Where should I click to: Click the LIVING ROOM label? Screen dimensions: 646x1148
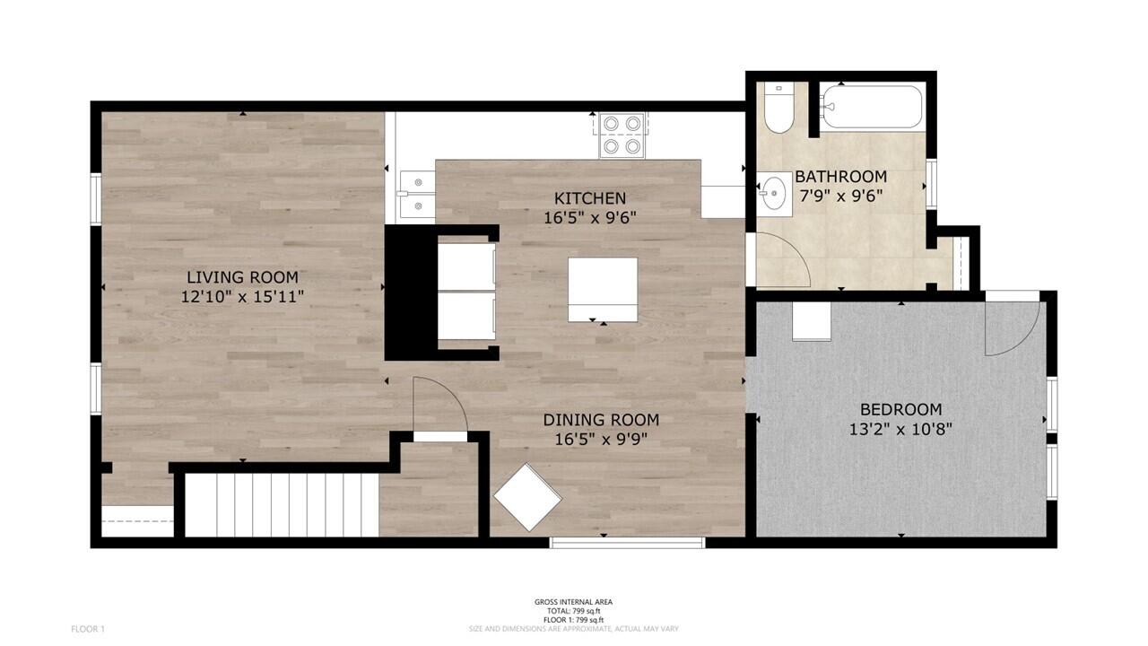click(x=242, y=277)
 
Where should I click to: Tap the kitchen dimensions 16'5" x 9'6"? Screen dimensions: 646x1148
click(x=589, y=217)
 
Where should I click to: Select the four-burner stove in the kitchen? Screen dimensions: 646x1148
click(x=622, y=135)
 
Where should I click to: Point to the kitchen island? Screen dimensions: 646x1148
click(x=603, y=289)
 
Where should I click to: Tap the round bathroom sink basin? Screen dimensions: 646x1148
click(x=772, y=192)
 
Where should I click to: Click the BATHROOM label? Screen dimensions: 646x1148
click(x=840, y=177)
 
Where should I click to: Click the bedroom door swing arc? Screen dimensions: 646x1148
click(x=1013, y=327)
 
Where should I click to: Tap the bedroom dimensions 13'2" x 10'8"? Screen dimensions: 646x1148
click(x=900, y=430)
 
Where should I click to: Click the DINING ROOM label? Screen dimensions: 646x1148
click(x=601, y=420)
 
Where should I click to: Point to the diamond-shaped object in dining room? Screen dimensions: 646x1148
click(x=527, y=497)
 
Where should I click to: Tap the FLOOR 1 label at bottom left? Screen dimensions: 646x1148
click(x=88, y=629)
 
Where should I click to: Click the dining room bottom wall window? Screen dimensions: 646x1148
click(x=627, y=542)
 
